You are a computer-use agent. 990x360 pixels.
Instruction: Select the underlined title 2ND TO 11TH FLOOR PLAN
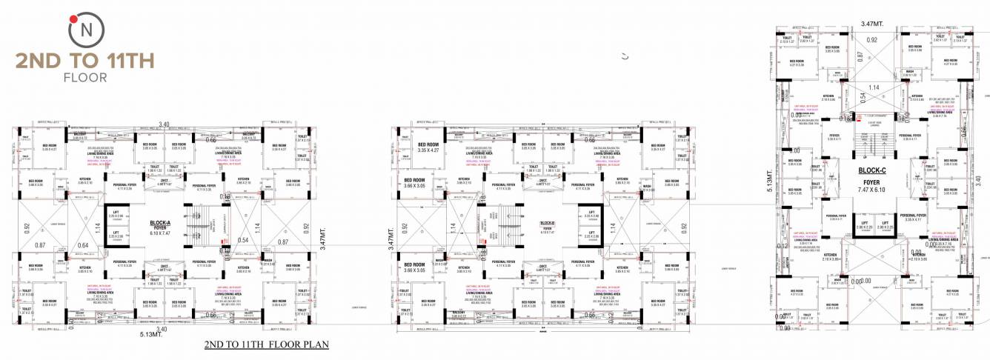pyautogui.click(x=266, y=344)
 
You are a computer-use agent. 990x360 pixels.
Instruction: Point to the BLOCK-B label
pyautogui.click(x=548, y=222)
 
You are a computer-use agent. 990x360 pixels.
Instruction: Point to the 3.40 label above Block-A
pyautogui.click(x=164, y=124)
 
